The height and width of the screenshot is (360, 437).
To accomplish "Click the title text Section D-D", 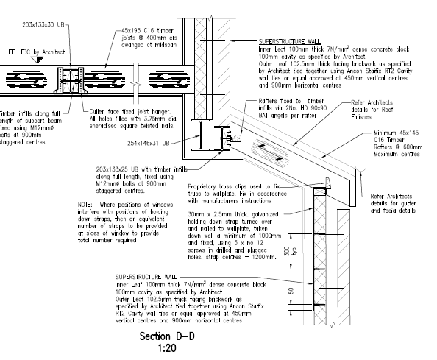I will pos(169,336).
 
